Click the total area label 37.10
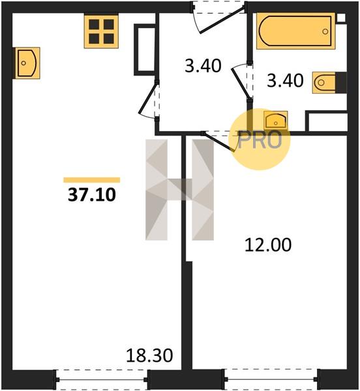click(x=92, y=195)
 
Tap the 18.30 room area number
click(x=149, y=355)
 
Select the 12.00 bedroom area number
click(x=268, y=245)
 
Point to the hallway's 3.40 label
click(x=203, y=66)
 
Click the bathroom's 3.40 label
click(x=285, y=81)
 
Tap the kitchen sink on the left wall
click(x=26, y=63)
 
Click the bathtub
click(x=296, y=31)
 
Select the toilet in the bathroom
click(x=329, y=83)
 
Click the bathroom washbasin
click(x=276, y=121)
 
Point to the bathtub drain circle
click(x=325, y=31)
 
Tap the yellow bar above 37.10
click(x=92, y=180)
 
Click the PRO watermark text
click(x=260, y=140)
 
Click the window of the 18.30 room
click(x=102, y=379)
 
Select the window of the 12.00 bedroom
click(x=272, y=379)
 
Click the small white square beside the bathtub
click(x=341, y=18)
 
